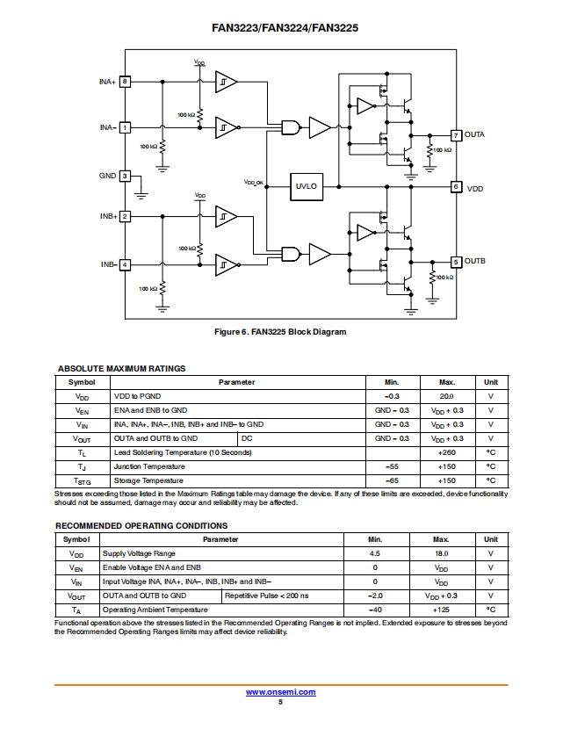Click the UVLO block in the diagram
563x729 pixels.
click(x=307, y=187)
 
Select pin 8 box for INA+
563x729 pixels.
click(x=125, y=82)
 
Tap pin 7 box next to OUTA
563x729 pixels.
click(x=456, y=135)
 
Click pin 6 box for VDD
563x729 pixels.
click(x=456, y=187)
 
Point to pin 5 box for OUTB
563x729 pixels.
click(x=456, y=262)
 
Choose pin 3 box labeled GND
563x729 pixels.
click(x=125, y=177)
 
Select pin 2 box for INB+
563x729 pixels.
click(x=125, y=217)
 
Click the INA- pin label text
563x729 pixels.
click(x=108, y=127)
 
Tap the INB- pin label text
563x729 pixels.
click(x=109, y=264)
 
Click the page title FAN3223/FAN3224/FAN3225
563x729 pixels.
click(x=285, y=28)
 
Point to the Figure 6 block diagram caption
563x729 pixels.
click(x=280, y=332)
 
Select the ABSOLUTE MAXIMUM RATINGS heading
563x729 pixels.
click(x=122, y=369)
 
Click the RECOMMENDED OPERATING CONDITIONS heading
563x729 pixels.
click(x=141, y=526)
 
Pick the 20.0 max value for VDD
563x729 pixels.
click(x=447, y=397)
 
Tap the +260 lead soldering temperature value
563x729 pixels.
click(x=447, y=452)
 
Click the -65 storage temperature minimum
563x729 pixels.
click(x=392, y=480)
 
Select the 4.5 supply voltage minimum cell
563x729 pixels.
click(x=375, y=553)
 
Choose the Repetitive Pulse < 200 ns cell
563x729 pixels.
click(x=266, y=595)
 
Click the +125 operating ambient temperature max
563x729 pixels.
click(x=441, y=610)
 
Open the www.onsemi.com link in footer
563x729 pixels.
click(x=281, y=692)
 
